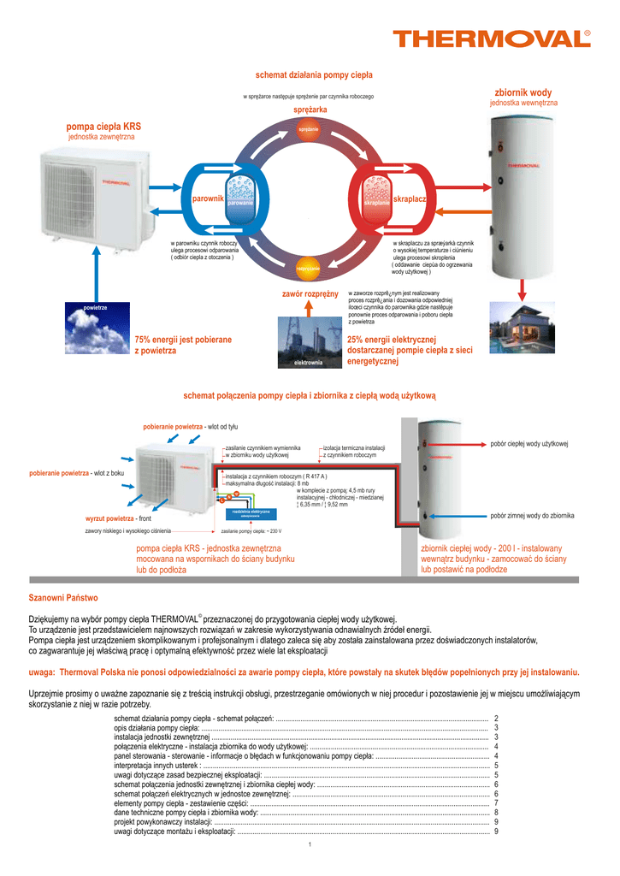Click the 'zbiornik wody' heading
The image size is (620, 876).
(x=523, y=92)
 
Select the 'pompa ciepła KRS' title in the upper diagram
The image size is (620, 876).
(x=103, y=127)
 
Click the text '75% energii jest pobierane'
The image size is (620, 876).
(x=183, y=340)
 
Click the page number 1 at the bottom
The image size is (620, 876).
(x=310, y=845)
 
